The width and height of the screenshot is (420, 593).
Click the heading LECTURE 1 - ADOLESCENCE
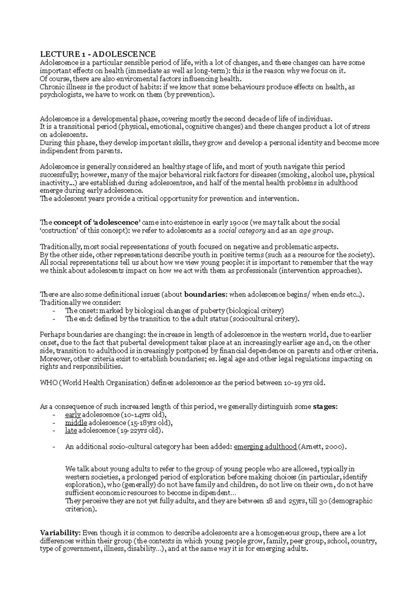[98, 54]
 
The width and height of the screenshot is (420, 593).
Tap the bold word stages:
[325, 407]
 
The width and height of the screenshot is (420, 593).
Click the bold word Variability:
[61, 533]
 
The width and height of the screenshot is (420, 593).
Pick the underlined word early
[73, 415]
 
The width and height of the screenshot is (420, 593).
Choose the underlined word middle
[76, 423]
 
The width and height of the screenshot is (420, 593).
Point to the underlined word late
[71, 431]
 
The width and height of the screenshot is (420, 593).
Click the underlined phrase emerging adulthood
[265, 447]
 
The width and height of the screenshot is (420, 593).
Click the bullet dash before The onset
[53, 311]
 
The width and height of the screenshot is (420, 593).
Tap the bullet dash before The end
[53, 319]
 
